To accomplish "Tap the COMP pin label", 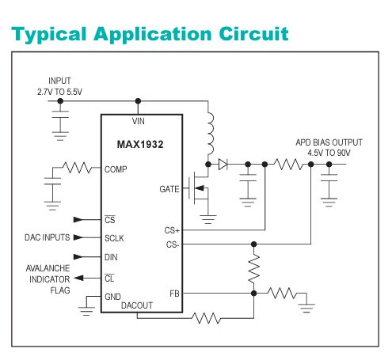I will pos(115,169).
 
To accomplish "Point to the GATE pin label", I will pos(169,189).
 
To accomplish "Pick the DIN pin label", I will pos(112,256).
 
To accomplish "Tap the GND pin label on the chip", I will pos(114,297).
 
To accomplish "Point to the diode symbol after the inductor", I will pos(223,165).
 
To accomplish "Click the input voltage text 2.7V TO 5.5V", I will pos(59,93).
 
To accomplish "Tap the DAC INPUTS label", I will pos(46,237).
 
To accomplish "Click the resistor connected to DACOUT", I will pos(206,318).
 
